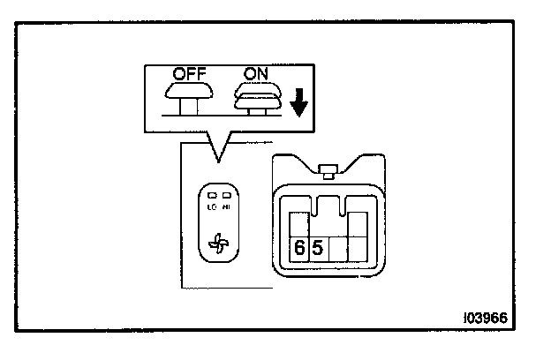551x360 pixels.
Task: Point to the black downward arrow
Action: [x=298, y=103]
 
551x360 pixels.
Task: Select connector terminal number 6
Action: [x=299, y=249]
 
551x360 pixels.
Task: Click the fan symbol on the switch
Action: [x=217, y=244]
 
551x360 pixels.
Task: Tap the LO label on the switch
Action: [x=212, y=206]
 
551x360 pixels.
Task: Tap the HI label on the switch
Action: [x=226, y=206]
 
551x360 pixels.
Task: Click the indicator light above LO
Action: [x=212, y=196]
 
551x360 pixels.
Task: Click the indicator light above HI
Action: [x=226, y=196]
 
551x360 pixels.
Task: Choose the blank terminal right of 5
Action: [x=339, y=249]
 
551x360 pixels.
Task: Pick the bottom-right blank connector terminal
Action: [x=358, y=249]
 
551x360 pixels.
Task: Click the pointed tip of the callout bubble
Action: [x=215, y=161]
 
